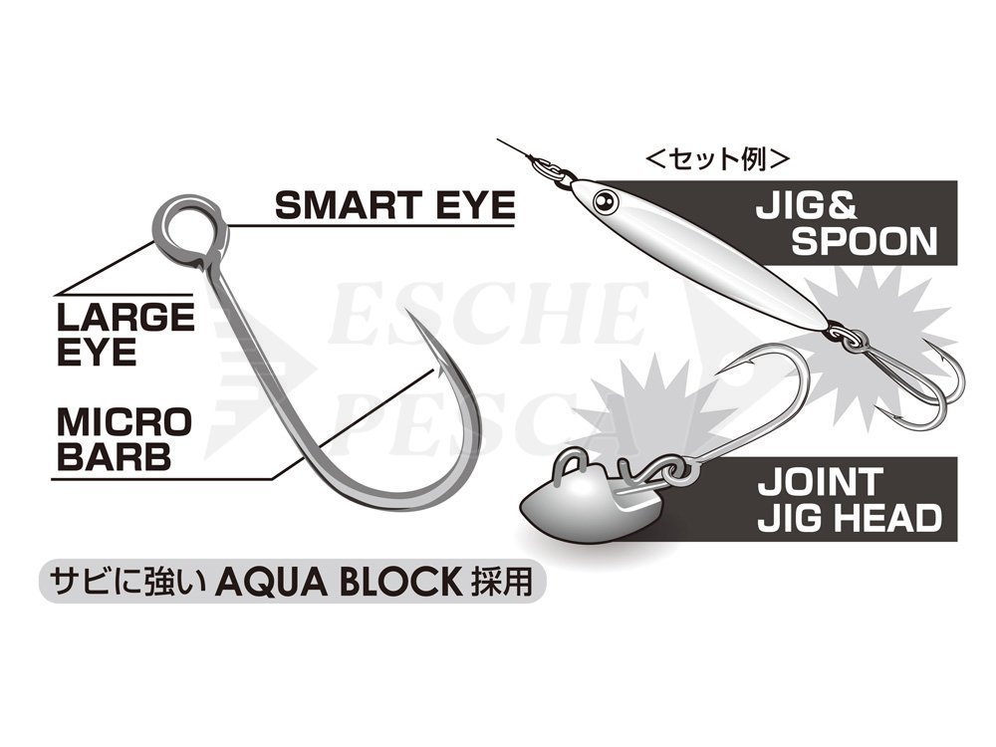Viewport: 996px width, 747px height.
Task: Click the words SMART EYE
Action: pyautogui.click(x=394, y=204)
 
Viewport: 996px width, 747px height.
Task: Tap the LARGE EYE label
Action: pyautogui.click(x=125, y=333)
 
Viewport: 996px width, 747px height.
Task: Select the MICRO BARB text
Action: pyautogui.click(x=124, y=438)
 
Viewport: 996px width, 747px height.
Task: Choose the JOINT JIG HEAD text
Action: pyautogui.click(x=849, y=499)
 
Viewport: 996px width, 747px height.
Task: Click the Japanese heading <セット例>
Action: pyautogui.click(x=718, y=158)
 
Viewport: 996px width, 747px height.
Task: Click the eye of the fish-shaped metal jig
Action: pyautogui.click(x=605, y=202)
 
